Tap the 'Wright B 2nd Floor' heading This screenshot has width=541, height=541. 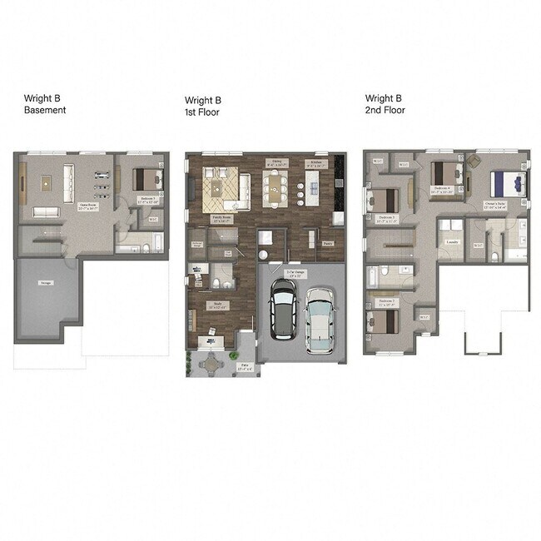pyautogui.click(x=385, y=103)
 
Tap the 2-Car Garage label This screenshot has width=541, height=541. pyautogui.click(x=296, y=272)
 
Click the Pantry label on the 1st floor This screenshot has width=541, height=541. pyautogui.click(x=328, y=243)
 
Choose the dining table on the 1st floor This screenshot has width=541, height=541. pyautogui.click(x=275, y=188)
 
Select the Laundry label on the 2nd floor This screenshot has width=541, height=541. pyautogui.click(x=452, y=242)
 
